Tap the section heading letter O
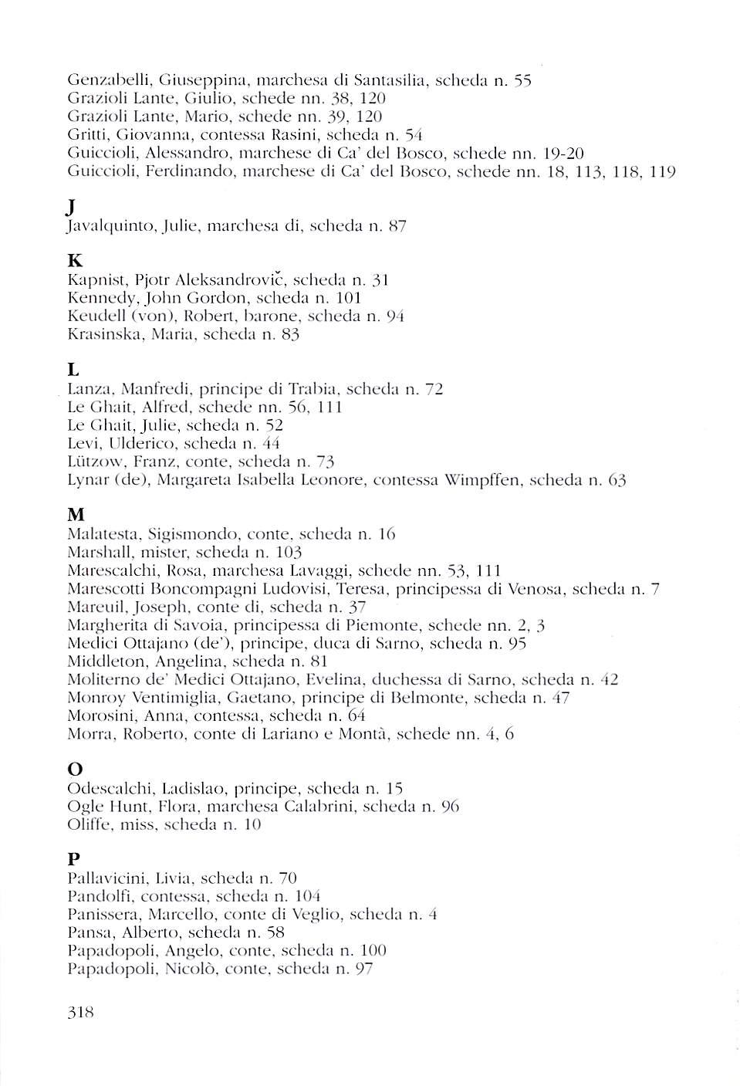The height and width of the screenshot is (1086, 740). click(x=75, y=770)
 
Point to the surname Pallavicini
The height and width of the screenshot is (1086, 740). click(x=107, y=878)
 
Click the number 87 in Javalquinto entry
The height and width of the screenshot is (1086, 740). click(x=397, y=226)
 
